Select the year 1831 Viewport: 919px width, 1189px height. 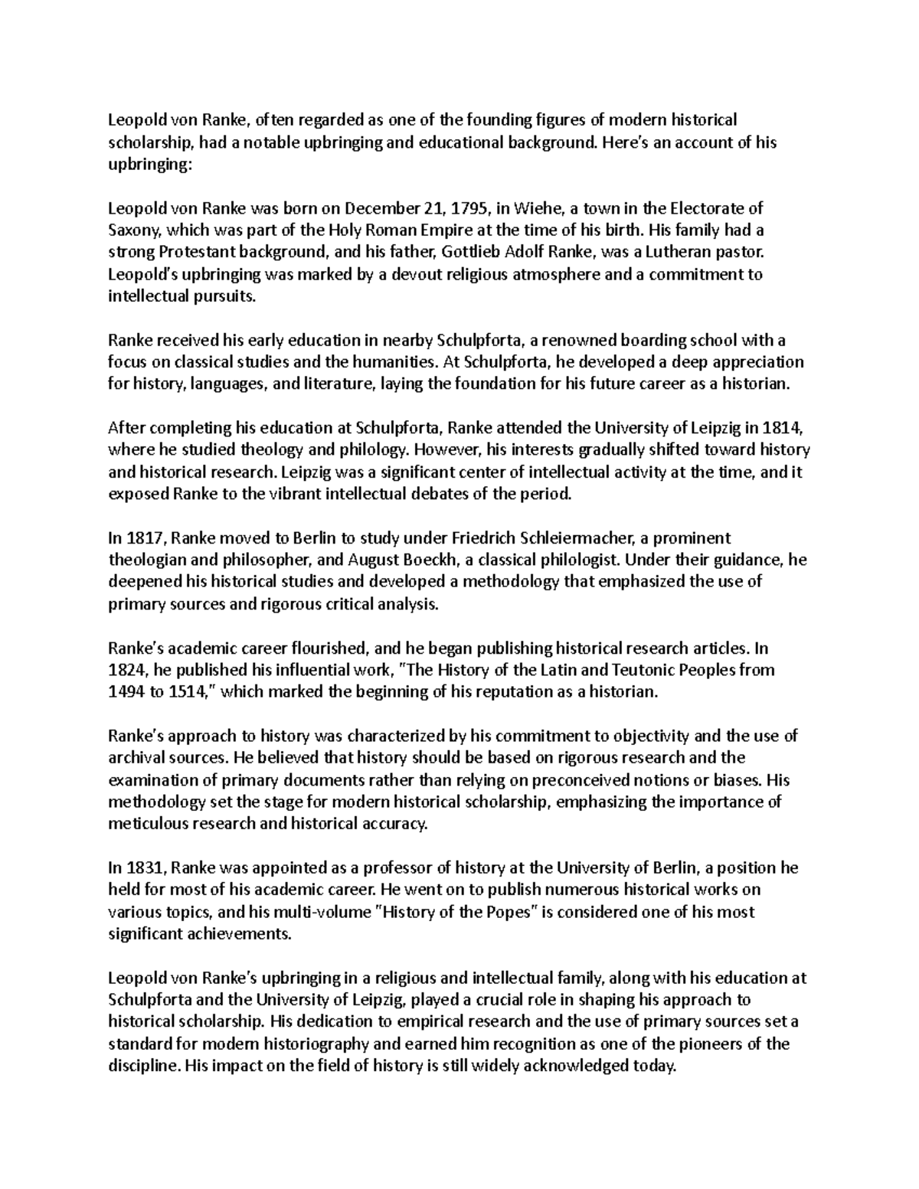[142, 868]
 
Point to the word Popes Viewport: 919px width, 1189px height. [509, 913]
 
